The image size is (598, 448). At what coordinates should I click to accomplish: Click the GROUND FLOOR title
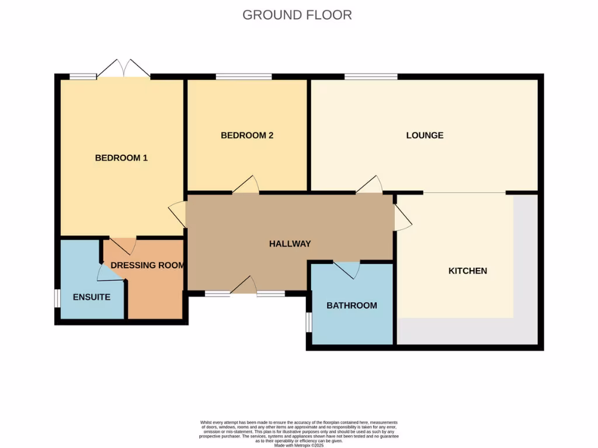pyautogui.click(x=297, y=15)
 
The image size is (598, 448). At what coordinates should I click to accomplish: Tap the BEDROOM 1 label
pyautogui.click(x=121, y=157)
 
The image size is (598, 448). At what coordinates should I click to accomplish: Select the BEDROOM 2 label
pyautogui.click(x=247, y=135)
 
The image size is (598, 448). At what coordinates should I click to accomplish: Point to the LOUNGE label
pyautogui.click(x=425, y=135)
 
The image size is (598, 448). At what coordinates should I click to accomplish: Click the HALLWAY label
pyautogui.click(x=290, y=244)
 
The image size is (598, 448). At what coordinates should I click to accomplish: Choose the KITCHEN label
pyautogui.click(x=467, y=271)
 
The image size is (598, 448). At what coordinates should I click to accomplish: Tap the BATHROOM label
pyautogui.click(x=352, y=305)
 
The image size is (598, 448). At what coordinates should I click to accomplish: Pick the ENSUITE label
pyautogui.click(x=92, y=297)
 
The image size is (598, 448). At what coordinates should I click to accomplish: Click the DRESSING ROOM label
pyautogui.click(x=148, y=265)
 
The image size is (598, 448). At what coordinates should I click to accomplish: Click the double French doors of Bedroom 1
pyautogui.click(x=123, y=69)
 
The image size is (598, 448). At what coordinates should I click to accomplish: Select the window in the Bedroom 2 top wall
pyautogui.click(x=244, y=76)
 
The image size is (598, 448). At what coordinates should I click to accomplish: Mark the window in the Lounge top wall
pyautogui.click(x=371, y=76)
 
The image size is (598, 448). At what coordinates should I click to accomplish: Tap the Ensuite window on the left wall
pyautogui.click(x=57, y=297)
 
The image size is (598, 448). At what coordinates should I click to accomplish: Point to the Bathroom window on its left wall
pyautogui.click(x=308, y=322)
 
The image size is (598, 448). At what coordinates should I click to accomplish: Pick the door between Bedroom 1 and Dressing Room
pyautogui.click(x=123, y=245)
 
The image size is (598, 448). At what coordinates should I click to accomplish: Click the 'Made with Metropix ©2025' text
pyautogui.click(x=298, y=446)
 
